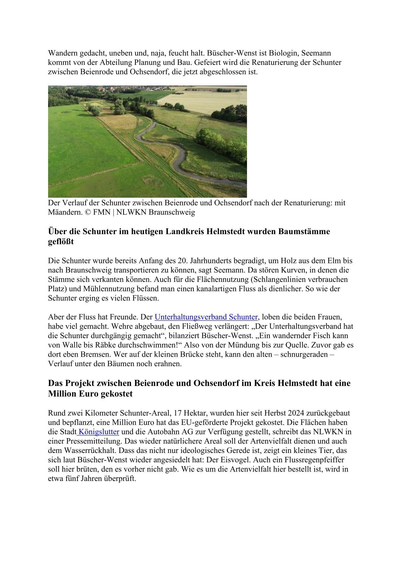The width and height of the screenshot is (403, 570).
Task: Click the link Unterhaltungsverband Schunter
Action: tap(206, 317)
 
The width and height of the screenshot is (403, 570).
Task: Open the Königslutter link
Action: tap(99, 432)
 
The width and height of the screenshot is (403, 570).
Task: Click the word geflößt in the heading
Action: tap(61, 242)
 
